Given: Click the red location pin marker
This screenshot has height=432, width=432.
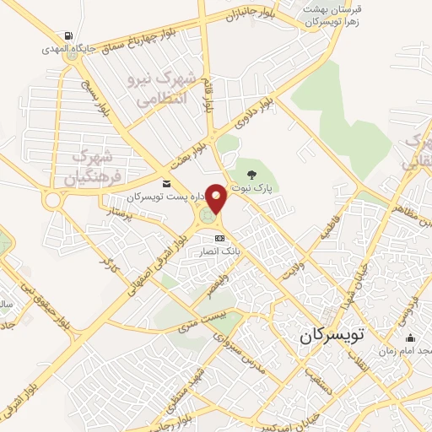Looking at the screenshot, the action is [217, 200].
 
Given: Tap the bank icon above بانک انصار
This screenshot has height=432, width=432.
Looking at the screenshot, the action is [220, 238].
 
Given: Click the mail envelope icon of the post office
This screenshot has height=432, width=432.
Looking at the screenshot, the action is [166, 184].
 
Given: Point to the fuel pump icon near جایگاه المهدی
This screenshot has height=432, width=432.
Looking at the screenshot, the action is [66, 36].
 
